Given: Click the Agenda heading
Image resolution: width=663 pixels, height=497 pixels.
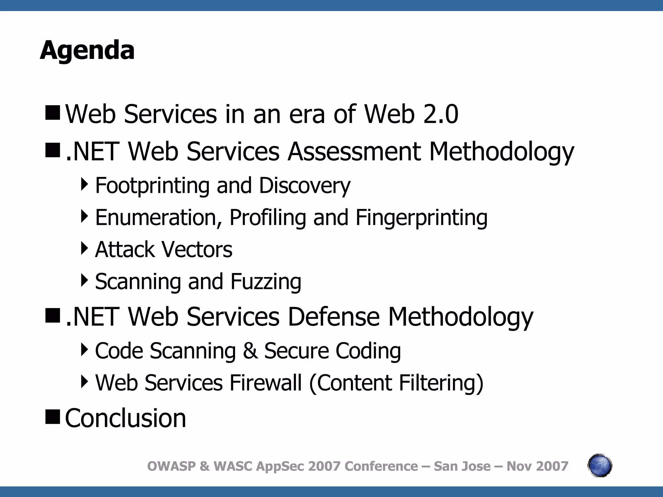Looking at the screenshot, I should tap(87, 50).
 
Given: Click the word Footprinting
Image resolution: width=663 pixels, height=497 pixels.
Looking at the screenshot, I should tap(152, 186).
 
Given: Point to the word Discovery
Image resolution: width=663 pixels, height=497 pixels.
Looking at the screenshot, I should tap(305, 186).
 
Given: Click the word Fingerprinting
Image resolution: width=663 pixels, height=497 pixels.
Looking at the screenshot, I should tap(421, 217).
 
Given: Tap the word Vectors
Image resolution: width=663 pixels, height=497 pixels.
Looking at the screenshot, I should tap(197, 249).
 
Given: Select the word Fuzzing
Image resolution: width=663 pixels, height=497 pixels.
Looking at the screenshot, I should tap(266, 282).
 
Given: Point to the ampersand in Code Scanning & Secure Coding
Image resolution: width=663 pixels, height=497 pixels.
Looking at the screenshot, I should tap(250, 351).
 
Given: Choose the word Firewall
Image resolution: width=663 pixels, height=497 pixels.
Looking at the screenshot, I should tap(266, 383).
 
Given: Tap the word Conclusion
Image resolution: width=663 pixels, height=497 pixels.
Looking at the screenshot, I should tap(126, 418).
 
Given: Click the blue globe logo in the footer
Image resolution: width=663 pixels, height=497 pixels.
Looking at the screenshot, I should tap(600, 466).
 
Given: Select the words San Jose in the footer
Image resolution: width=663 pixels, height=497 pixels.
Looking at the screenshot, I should tap(462, 466).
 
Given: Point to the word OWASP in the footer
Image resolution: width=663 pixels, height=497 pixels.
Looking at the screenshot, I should tap(172, 466).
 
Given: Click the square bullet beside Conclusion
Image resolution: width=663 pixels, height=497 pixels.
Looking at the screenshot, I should tap(52, 416).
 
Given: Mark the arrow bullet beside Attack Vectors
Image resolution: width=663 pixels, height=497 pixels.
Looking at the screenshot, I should tap(84, 248).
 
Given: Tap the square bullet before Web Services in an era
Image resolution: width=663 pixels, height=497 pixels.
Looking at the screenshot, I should tap(52, 112).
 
